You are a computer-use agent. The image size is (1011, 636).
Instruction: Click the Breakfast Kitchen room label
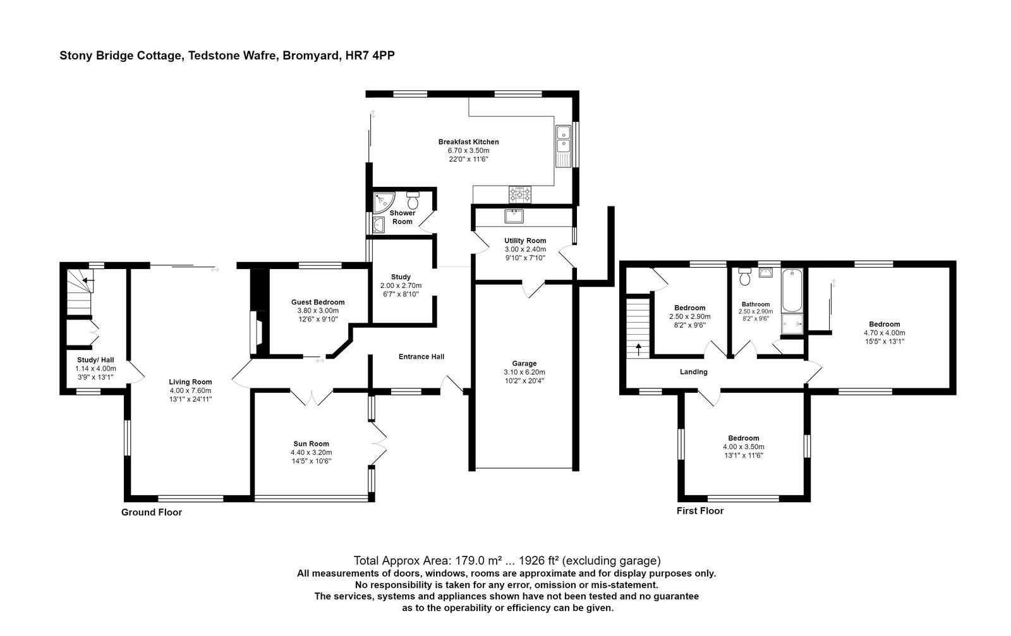pos(468,142)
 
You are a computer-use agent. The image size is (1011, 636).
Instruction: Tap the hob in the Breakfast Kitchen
pos(520,193)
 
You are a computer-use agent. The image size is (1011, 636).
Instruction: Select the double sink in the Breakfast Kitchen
pos(562,145)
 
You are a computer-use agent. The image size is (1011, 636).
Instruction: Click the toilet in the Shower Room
pos(413,200)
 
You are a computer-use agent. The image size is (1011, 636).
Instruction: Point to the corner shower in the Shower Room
pos(382,201)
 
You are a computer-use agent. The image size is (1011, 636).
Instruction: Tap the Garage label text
pos(524,363)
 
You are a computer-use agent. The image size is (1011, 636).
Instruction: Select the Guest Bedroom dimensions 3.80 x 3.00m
pos(318,311)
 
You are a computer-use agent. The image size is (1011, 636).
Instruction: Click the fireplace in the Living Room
pos(257,332)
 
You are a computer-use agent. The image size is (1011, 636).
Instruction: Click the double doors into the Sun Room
pos(312,397)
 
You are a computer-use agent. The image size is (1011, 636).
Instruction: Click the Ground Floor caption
pos(152,512)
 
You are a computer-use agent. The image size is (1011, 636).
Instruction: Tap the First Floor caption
pos(700,511)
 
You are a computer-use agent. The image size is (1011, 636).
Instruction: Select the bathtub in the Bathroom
pos(792,291)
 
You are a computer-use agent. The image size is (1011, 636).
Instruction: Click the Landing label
pos(693,372)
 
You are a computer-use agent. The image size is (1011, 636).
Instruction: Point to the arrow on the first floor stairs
pos(638,348)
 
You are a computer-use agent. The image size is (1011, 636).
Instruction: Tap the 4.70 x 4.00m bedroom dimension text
pos(884,333)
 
